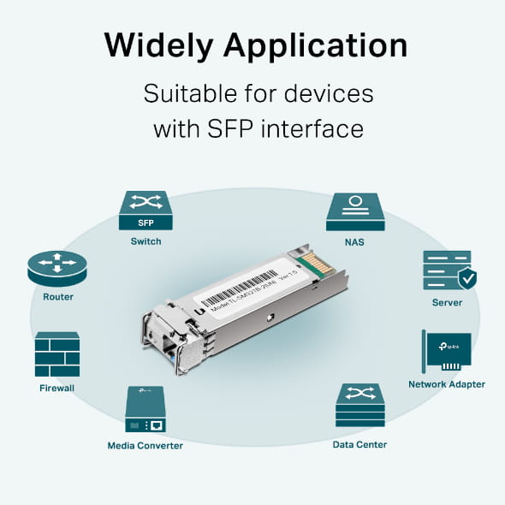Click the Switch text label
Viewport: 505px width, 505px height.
(146, 241)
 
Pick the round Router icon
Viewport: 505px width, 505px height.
(57, 268)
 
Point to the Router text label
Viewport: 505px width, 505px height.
(57, 297)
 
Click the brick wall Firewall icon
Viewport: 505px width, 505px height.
(57, 354)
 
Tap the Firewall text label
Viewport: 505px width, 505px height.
(57, 388)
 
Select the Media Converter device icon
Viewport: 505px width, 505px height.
(146, 409)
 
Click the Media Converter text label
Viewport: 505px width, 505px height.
(146, 445)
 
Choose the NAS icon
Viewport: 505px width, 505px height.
(354, 211)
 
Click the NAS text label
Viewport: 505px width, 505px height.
(354, 242)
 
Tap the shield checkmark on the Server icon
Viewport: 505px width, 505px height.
(466, 278)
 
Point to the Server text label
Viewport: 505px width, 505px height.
(447, 302)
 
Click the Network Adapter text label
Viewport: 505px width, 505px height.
(447, 384)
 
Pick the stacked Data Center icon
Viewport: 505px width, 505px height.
(359, 406)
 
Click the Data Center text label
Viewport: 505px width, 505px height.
(359, 444)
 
